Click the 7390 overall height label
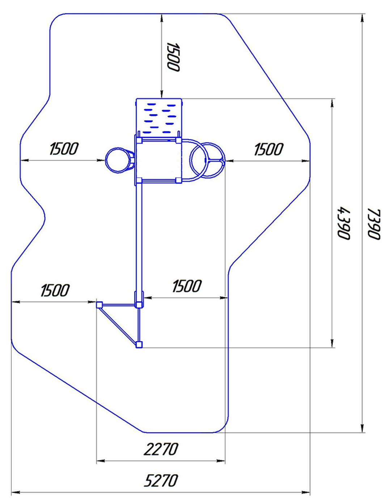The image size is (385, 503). click(x=374, y=224)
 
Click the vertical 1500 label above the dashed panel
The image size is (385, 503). click(x=173, y=57)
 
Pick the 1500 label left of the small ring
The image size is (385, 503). click(x=64, y=148)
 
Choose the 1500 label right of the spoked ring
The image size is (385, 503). click(x=268, y=149)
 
